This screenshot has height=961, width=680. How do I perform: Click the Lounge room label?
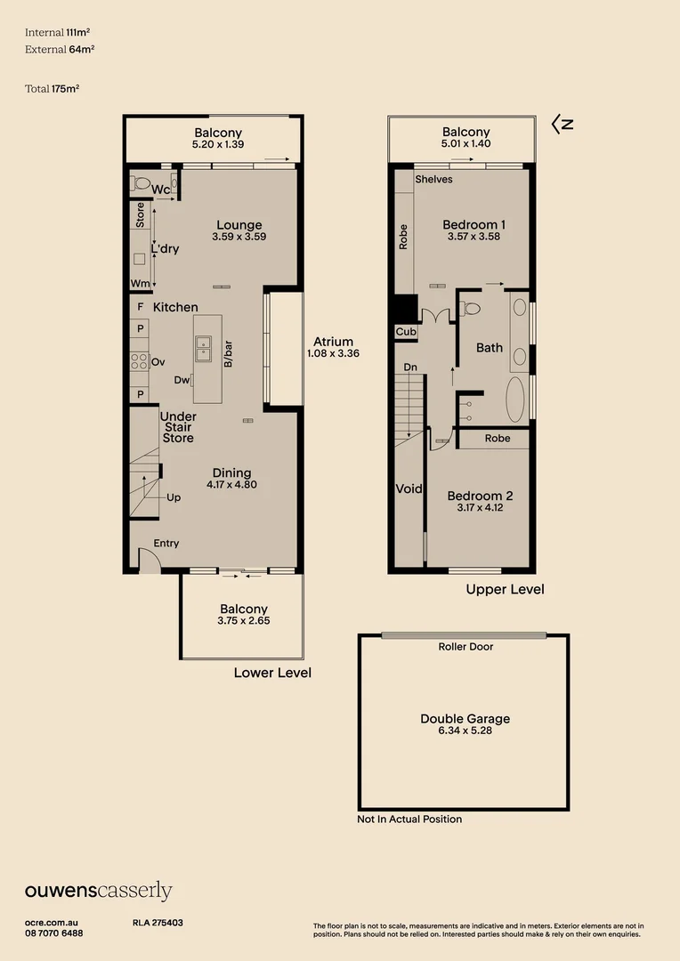pos(239,225)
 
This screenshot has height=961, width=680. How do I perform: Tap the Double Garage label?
pos(465,718)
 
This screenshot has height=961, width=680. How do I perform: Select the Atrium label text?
pos(333,342)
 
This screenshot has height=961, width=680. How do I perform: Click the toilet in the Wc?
pos(141,182)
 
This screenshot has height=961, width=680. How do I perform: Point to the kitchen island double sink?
pos(203,350)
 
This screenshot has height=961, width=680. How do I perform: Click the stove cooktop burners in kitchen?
pos(139,361)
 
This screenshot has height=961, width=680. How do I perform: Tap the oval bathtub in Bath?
pos(515,399)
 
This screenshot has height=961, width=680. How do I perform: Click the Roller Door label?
pos(465,647)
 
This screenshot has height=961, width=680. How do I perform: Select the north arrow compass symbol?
pos(563,125)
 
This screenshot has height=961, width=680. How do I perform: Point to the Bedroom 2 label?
pos(480,496)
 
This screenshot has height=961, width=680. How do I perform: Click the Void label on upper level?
pos(409,489)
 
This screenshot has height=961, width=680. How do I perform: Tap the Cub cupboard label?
pos(406,332)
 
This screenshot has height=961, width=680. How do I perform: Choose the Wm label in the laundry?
pos(140,283)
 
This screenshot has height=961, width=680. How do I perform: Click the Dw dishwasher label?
pos(182,380)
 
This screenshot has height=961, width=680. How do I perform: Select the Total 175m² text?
pos(53,89)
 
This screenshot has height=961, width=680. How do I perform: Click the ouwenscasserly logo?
pos(98,891)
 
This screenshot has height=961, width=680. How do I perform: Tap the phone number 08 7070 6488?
pos(54,933)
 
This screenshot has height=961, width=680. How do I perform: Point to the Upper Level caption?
pos(506,590)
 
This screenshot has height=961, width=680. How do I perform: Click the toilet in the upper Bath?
pos(470,308)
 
